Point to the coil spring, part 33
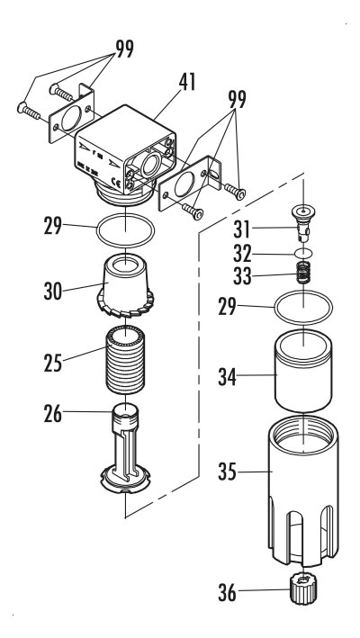305,274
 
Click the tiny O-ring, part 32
305,254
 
